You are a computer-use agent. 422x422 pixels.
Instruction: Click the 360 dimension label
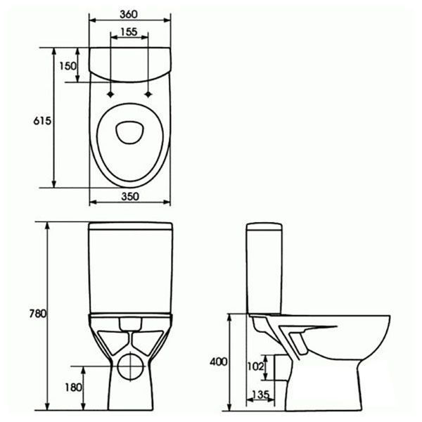tap(129, 15)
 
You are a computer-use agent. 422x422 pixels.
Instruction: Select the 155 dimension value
tap(129, 32)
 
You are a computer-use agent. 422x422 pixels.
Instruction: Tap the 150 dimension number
tap(68, 66)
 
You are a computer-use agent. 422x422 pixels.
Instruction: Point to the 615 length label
tap(42, 121)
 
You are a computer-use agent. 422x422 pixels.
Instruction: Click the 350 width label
tap(130, 196)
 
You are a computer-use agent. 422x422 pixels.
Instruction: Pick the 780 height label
tap(38, 314)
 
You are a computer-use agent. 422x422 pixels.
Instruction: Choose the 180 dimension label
tap(73, 388)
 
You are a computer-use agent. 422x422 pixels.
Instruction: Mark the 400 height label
tap(219, 362)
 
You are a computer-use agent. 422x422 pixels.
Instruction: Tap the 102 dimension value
tap(255, 366)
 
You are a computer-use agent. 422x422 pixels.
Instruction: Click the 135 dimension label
tap(260, 395)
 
